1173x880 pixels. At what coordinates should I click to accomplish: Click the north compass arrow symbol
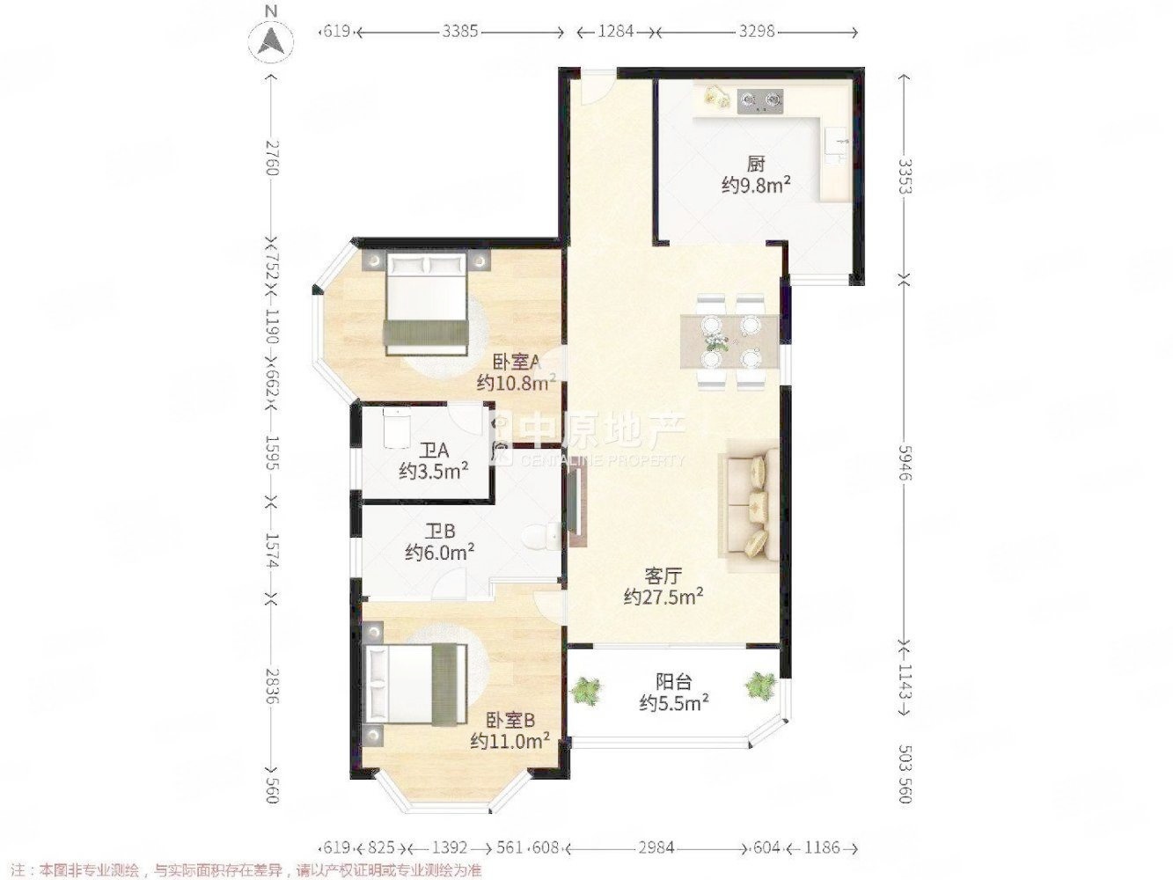(x=271, y=41)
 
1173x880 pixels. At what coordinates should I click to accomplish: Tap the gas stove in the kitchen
(x=760, y=100)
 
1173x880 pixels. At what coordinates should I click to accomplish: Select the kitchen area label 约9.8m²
(x=756, y=185)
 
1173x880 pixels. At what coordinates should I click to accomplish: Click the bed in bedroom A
(x=426, y=304)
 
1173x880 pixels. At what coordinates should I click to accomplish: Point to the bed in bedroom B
(x=414, y=686)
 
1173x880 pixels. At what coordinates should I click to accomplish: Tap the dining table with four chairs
(x=729, y=341)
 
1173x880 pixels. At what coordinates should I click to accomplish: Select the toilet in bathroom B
(x=541, y=537)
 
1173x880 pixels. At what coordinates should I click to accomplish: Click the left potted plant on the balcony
(x=586, y=691)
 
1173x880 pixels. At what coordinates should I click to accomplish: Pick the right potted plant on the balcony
(x=760, y=686)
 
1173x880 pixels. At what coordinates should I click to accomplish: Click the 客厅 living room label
(x=663, y=576)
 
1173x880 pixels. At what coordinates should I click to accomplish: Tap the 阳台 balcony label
(x=674, y=682)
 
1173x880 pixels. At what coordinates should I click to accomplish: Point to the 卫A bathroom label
(x=434, y=451)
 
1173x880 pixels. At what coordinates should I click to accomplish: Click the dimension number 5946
(x=903, y=463)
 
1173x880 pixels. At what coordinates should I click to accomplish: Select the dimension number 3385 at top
(x=460, y=32)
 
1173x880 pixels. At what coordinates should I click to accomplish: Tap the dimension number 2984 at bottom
(x=656, y=847)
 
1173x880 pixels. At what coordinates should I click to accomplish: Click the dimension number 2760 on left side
(x=272, y=158)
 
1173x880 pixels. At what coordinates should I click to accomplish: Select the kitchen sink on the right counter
(x=836, y=146)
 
